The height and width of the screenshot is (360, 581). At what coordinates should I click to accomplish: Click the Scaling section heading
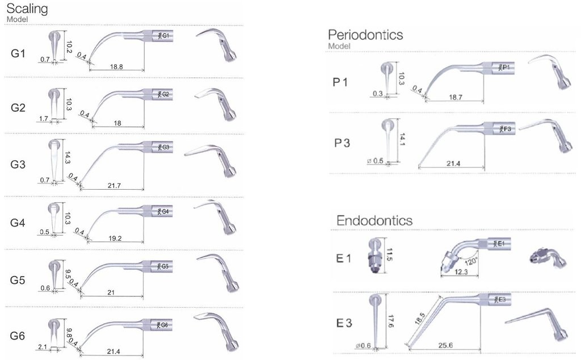click(x=26, y=9)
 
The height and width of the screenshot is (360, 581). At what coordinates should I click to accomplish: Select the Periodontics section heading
click(x=365, y=35)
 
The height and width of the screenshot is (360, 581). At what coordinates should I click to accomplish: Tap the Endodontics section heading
click(x=374, y=220)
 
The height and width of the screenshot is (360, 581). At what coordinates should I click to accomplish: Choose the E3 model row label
click(x=344, y=323)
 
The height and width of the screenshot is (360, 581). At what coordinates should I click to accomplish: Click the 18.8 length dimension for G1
click(x=116, y=67)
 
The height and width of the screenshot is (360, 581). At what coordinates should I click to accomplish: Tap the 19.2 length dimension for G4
click(x=115, y=238)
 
